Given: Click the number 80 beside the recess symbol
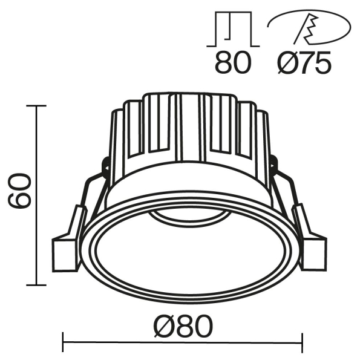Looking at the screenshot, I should (232, 63).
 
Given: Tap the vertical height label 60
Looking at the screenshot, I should (20, 191).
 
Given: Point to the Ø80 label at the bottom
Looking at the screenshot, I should (184, 327).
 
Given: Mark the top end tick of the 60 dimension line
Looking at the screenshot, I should (37, 106).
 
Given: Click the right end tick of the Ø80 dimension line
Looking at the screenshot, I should (302, 343).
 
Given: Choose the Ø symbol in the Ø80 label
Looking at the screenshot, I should (163, 327).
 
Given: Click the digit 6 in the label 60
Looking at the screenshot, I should (20, 200).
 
